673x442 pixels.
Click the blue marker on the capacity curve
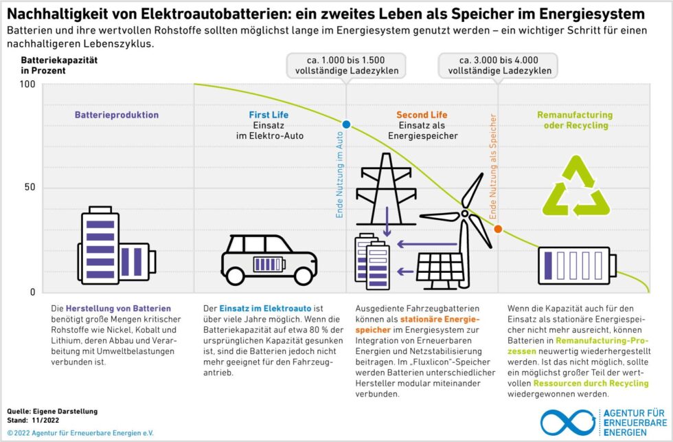[346, 124]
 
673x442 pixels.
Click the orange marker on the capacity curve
[498, 229]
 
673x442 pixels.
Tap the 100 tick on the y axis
[27, 84]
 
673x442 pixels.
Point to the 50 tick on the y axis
[30, 188]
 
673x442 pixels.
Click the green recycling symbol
[576, 185]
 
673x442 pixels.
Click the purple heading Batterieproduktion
[117, 115]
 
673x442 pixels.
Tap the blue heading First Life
[269, 115]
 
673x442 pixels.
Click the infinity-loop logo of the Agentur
[567, 422]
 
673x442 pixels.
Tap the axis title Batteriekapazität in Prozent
[59, 65]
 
